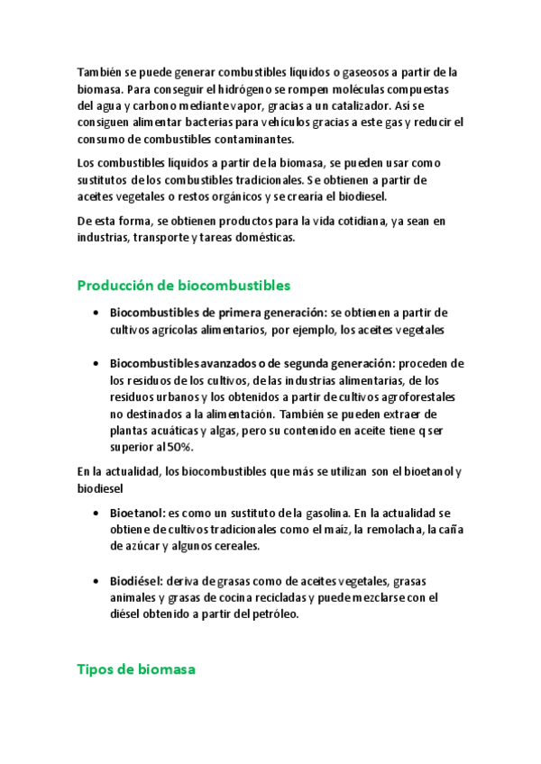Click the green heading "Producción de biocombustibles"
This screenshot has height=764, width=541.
click(183, 286)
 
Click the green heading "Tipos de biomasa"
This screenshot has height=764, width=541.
click(136, 669)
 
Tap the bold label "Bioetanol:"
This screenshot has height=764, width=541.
click(142, 513)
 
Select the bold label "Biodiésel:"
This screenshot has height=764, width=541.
click(142, 581)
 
